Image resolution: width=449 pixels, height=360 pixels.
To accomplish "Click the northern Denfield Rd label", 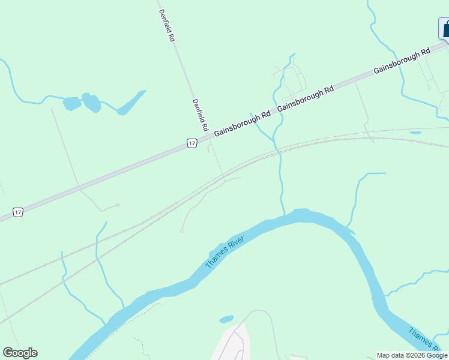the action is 166,25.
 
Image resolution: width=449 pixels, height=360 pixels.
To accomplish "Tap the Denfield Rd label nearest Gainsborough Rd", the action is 200,115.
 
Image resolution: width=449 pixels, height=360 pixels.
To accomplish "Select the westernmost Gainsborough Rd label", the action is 243,123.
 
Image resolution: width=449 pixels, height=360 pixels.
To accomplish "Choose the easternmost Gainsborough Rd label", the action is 402,61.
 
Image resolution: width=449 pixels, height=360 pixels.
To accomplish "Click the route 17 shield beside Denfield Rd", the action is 191,143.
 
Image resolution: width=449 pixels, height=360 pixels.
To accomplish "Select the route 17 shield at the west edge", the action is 19,212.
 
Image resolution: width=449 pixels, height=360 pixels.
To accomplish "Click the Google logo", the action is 20,353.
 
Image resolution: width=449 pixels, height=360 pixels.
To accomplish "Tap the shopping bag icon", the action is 445,28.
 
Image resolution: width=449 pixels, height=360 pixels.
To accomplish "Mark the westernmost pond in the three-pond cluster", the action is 71,103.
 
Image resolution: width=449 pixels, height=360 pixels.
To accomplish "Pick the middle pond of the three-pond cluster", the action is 92,103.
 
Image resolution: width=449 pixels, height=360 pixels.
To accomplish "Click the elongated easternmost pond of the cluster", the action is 131,103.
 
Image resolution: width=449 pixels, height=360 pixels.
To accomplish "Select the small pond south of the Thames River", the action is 226,319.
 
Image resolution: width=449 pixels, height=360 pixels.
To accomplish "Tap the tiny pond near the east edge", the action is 415,132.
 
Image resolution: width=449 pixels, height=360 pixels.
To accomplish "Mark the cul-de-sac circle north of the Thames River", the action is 182,230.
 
